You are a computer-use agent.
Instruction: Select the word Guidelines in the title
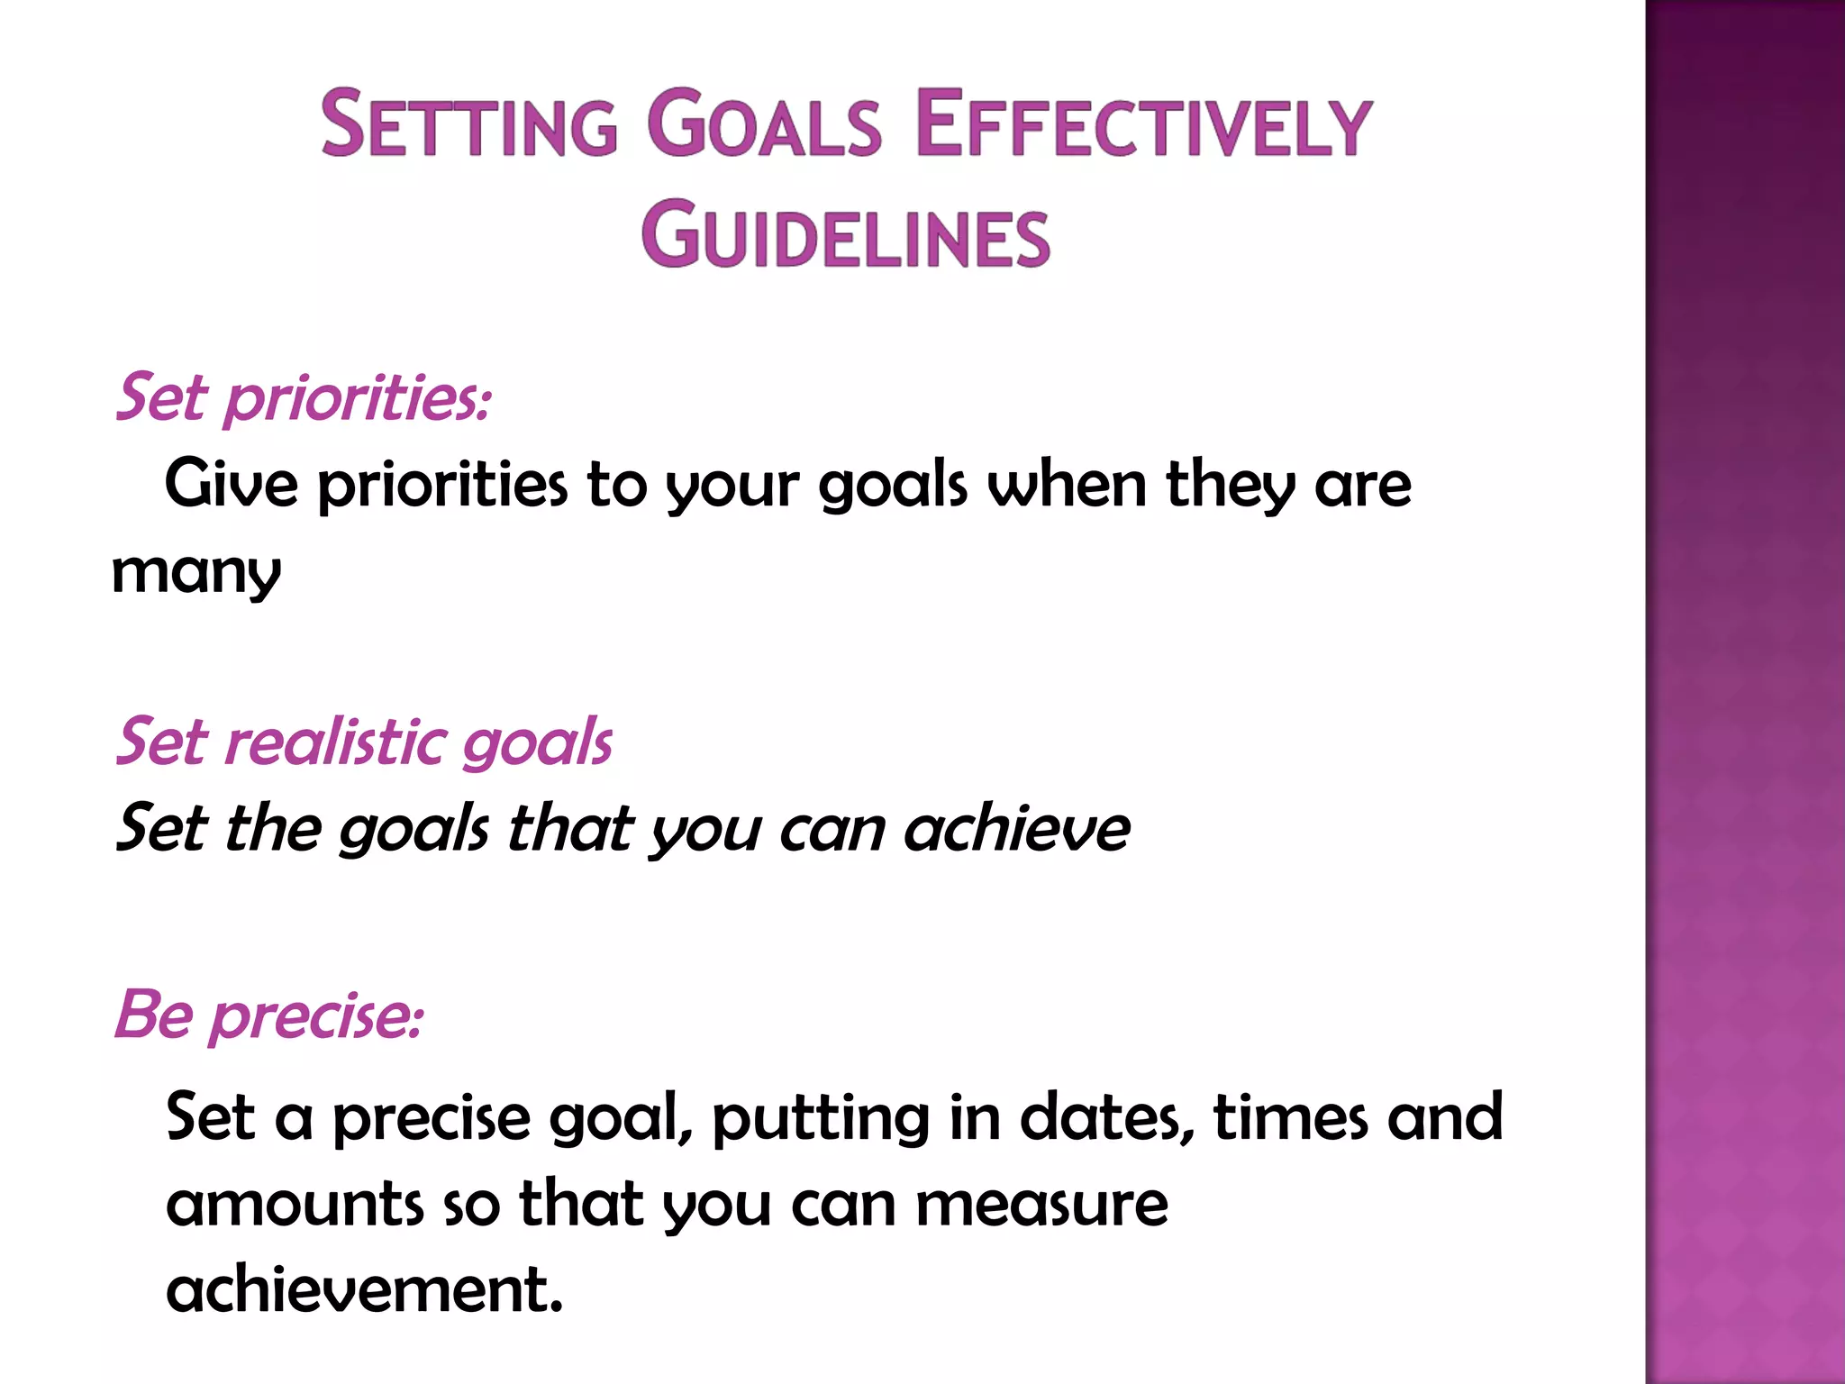[846, 236]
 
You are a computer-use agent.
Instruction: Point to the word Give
[231, 484]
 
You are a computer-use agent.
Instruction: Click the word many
[196, 573]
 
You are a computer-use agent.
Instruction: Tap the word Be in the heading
[154, 1015]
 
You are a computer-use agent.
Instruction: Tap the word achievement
[364, 1289]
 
